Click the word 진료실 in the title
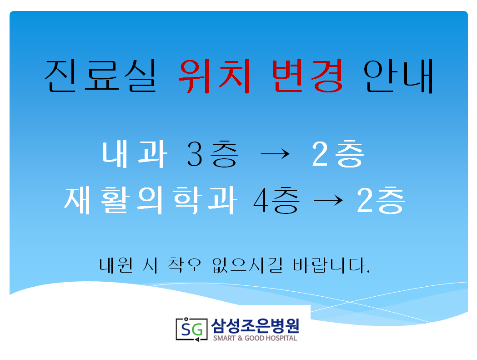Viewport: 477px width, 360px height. (x=100, y=76)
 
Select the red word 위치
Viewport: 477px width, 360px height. (x=215, y=76)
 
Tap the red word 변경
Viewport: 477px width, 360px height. (x=307, y=76)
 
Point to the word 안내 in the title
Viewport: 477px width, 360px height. (x=398, y=76)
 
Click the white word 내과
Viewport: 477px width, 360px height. (x=135, y=154)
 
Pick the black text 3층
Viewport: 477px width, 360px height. (x=212, y=154)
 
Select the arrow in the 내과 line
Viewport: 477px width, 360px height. (x=275, y=154)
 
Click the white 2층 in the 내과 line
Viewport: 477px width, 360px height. (x=338, y=154)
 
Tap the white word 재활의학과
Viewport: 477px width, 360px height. (x=151, y=200)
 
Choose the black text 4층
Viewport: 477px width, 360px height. (x=276, y=200)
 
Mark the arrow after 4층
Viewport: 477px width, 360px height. (x=328, y=200)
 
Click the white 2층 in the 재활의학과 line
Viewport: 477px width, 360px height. (x=381, y=200)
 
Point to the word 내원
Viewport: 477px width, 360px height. (x=116, y=265)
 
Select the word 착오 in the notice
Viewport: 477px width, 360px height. (x=185, y=265)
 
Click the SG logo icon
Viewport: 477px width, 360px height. (x=191, y=329)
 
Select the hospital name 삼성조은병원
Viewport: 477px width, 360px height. (x=255, y=326)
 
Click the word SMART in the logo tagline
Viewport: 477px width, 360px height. (x=224, y=338)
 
